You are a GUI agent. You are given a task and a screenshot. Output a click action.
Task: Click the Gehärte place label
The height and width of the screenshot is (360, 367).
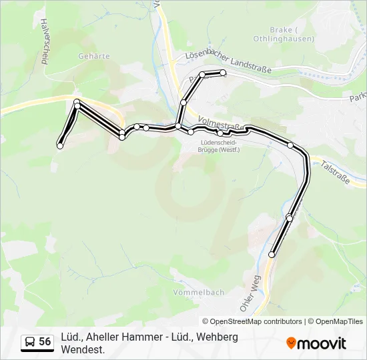click(x=93, y=56)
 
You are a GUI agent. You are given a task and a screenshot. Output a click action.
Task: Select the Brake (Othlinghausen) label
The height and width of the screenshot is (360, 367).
click(x=283, y=33)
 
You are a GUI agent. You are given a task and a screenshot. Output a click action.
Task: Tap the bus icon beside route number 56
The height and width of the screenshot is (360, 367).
click(x=30, y=342)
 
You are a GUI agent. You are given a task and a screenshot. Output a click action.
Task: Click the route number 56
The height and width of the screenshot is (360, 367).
click(x=45, y=342)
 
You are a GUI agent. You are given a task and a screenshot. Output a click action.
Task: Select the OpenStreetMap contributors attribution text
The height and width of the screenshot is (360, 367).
click(x=252, y=321)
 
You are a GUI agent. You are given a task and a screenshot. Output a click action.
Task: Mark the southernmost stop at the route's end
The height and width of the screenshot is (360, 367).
click(x=272, y=255)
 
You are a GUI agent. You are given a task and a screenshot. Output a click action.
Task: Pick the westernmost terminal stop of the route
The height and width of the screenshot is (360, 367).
click(x=60, y=145)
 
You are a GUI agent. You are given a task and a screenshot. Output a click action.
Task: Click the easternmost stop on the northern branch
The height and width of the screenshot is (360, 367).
click(x=224, y=73)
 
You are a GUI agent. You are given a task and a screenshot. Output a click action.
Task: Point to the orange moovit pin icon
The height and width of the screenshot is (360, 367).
click(x=291, y=343)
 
